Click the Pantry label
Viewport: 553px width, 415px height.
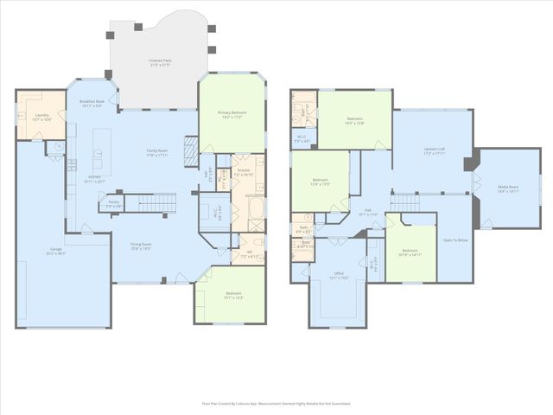pos(113,204)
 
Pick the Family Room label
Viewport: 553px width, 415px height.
pos(156,153)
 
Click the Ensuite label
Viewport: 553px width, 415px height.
pos(243,160)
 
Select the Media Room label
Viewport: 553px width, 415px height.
pos(507,188)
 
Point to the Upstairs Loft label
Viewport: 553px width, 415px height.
pos(434,151)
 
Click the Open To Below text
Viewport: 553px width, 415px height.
pos(454,240)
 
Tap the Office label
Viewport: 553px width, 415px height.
pos(338,276)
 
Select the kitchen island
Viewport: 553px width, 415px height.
pos(101,149)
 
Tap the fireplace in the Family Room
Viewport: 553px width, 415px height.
pos(192,140)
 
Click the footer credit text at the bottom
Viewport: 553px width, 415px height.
pos(276,403)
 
